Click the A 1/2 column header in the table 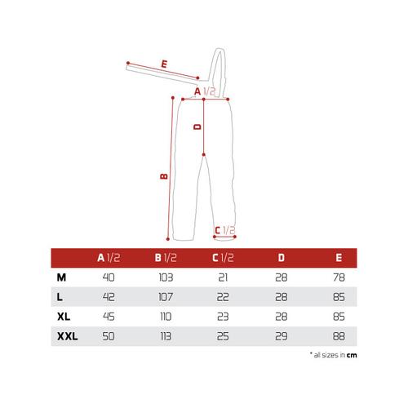[x=109, y=258]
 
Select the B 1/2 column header [x=166, y=258]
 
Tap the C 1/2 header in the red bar [x=223, y=258]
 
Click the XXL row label [x=68, y=336]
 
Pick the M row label [x=61, y=277]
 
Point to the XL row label [x=64, y=317]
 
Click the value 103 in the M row [x=166, y=277]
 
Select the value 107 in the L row [x=166, y=297]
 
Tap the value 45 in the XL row [x=109, y=317]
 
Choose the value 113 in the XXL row [x=166, y=336]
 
